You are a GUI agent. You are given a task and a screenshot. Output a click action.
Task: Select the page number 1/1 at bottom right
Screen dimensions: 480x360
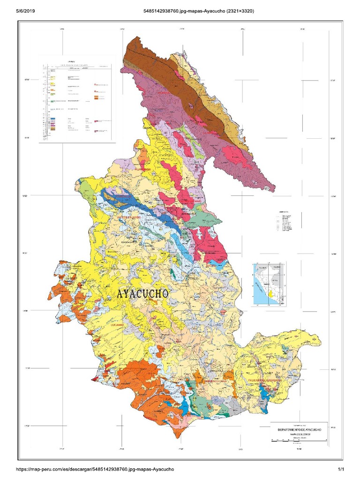[x=341, y=469]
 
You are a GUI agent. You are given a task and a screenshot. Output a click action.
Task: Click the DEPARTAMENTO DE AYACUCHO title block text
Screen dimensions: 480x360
[x=297, y=429]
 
